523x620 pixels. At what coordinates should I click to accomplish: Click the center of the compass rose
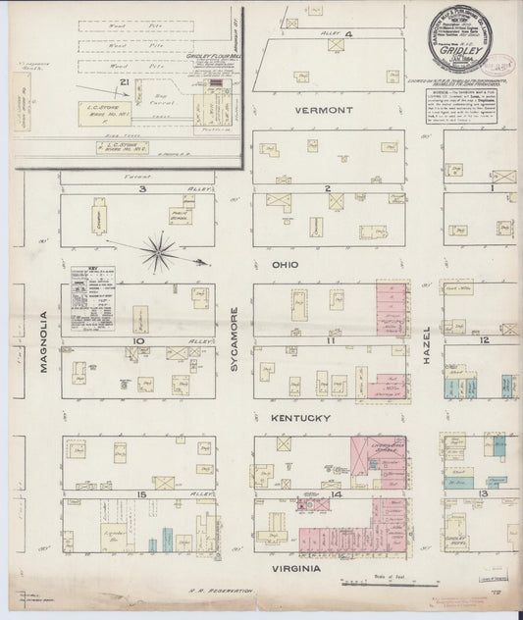[158, 253]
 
